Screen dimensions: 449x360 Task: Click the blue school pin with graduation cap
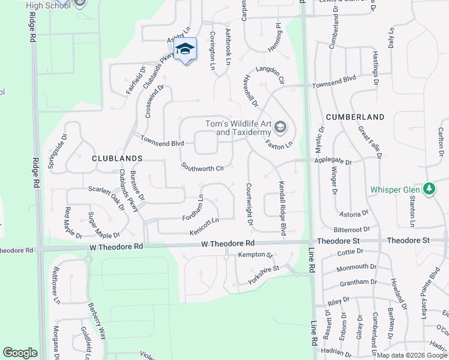pos(185,49)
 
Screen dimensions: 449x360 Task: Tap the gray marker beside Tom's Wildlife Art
pos(280,127)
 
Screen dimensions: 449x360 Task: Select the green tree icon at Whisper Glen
pos(429,189)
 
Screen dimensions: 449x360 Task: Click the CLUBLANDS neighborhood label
pos(117,158)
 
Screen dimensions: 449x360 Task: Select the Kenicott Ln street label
pos(204,226)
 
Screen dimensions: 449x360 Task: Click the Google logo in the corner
pos(20,352)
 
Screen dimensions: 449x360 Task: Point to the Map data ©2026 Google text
pos(412,355)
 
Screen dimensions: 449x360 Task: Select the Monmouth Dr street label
pos(356,267)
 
